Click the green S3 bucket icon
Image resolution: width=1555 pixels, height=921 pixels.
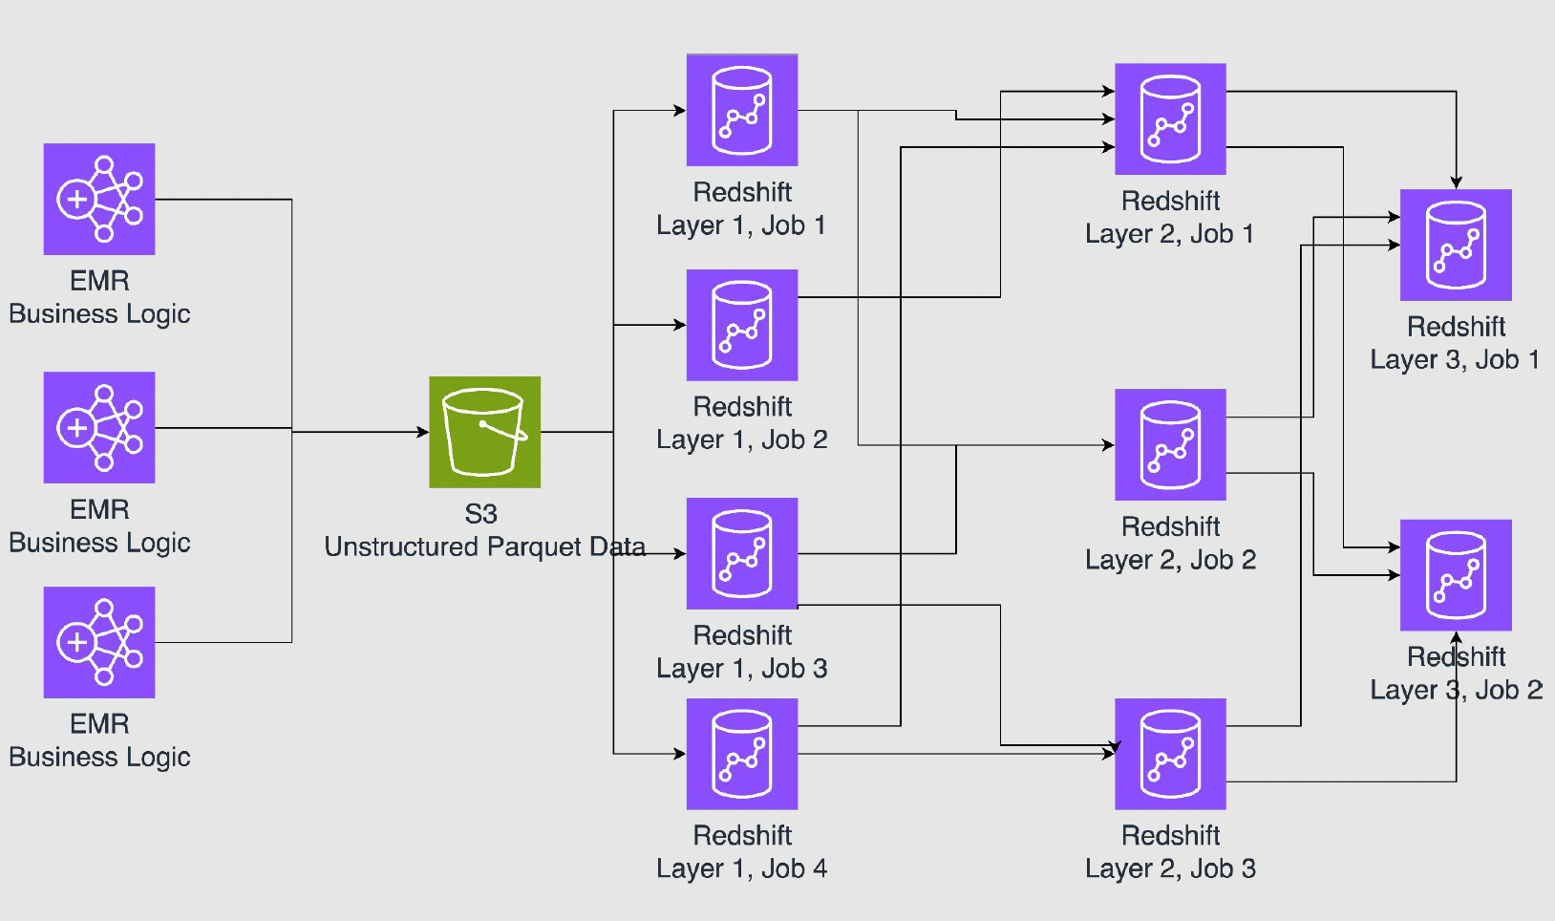tap(484, 432)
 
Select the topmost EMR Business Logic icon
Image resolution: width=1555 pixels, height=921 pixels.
tap(99, 199)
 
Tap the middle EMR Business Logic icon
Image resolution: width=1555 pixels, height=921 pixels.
tap(99, 427)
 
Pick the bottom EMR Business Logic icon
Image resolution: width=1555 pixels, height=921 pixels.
tap(99, 642)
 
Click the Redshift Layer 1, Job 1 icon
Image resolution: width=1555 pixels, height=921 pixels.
tap(742, 110)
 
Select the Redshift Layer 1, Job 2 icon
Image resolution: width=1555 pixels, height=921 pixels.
tap(742, 325)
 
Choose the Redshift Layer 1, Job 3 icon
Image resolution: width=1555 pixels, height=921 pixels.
tap(742, 553)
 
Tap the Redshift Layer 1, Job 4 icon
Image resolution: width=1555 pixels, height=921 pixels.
tap(742, 754)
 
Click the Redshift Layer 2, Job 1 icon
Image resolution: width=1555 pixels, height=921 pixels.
tap(1170, 119)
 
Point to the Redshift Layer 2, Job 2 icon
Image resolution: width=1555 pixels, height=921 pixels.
tap(1170, 444)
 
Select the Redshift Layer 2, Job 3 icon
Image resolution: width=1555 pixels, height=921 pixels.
tap(1170, 754)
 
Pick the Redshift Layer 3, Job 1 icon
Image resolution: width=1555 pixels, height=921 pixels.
tap(1456, 245)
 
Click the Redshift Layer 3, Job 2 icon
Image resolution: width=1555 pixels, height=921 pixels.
tap(1456, 575)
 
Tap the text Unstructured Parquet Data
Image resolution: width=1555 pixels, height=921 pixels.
tap(484, 546)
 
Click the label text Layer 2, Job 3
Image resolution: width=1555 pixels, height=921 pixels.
tap(1170, 868)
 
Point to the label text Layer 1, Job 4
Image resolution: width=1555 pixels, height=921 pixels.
tap(742, 868)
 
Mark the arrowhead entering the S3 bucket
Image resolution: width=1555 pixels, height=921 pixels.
tap(423, 432)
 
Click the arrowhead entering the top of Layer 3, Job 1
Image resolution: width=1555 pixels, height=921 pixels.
tap(1456, 182)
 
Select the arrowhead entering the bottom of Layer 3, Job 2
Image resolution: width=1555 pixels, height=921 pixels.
tap(1456, 637)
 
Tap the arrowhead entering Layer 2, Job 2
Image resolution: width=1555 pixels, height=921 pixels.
tap(1108, 444)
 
